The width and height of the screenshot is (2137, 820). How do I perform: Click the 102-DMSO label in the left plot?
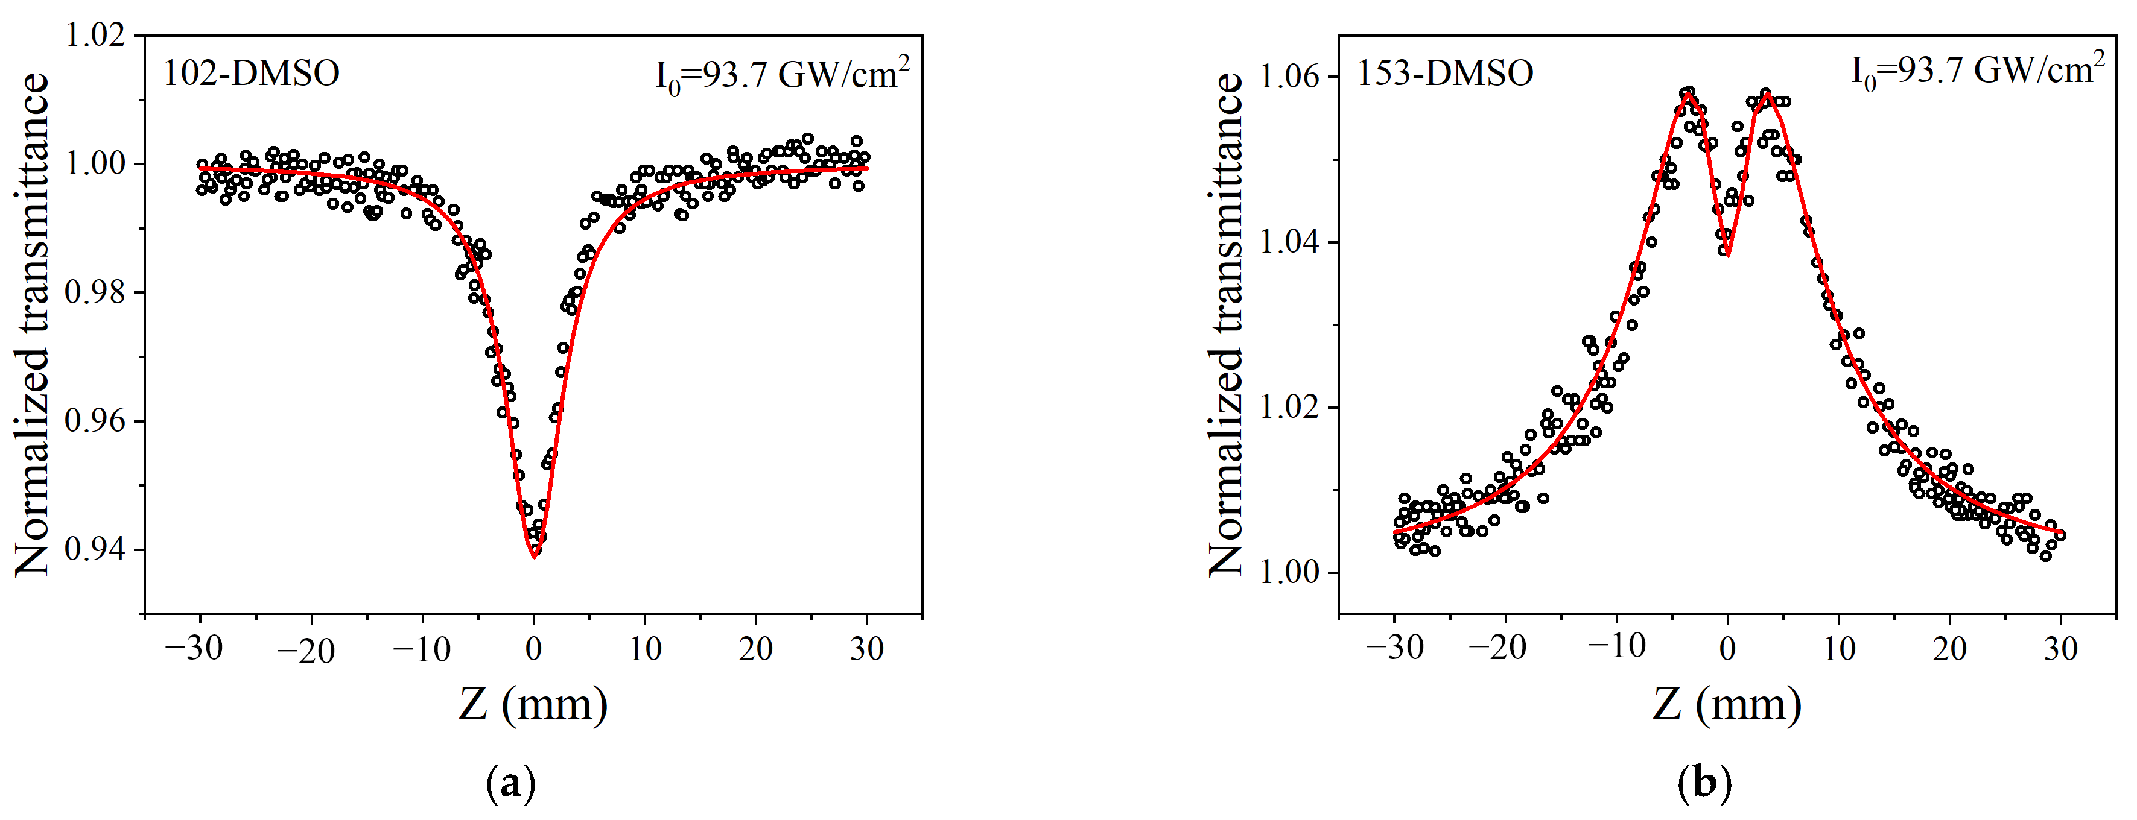pyautogui.click(x=250, y=74)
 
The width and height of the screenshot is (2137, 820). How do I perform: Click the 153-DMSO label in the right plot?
pyautogui.click(x=1444, y=74)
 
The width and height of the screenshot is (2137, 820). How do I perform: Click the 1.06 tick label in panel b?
pyautogui.click(x=1288, y=77)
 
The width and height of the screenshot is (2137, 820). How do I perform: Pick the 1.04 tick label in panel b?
pyautogui.click(x=1288, y=242)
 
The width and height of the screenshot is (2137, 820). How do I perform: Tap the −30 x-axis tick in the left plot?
pyautogui.click(x=194, y=648)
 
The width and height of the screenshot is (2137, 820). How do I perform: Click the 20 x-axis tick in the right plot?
pyautogui.click(x=1949, y=648)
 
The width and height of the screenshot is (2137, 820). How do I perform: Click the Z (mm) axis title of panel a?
pyautogui.click(x=533, y=705)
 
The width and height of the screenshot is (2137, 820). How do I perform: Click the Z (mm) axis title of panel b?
pyautogui.click(x=1727, y=705)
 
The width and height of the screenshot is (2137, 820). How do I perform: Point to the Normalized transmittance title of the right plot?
pyautogui.click(x=1226, y=324)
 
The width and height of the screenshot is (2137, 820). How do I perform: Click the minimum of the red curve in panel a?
pyautogui.click(x=533, y=557)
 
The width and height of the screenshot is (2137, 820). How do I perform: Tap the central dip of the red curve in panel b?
pyautogui.click(x=1727, y=256)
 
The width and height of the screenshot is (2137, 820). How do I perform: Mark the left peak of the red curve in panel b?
pyautogui.click(x=1688, y=93)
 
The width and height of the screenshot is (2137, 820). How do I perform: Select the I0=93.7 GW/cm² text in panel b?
pyautogui.click(x=1977, y=71)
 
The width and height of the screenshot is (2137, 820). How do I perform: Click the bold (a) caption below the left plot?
pyautogui.click(x=510, y=783)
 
